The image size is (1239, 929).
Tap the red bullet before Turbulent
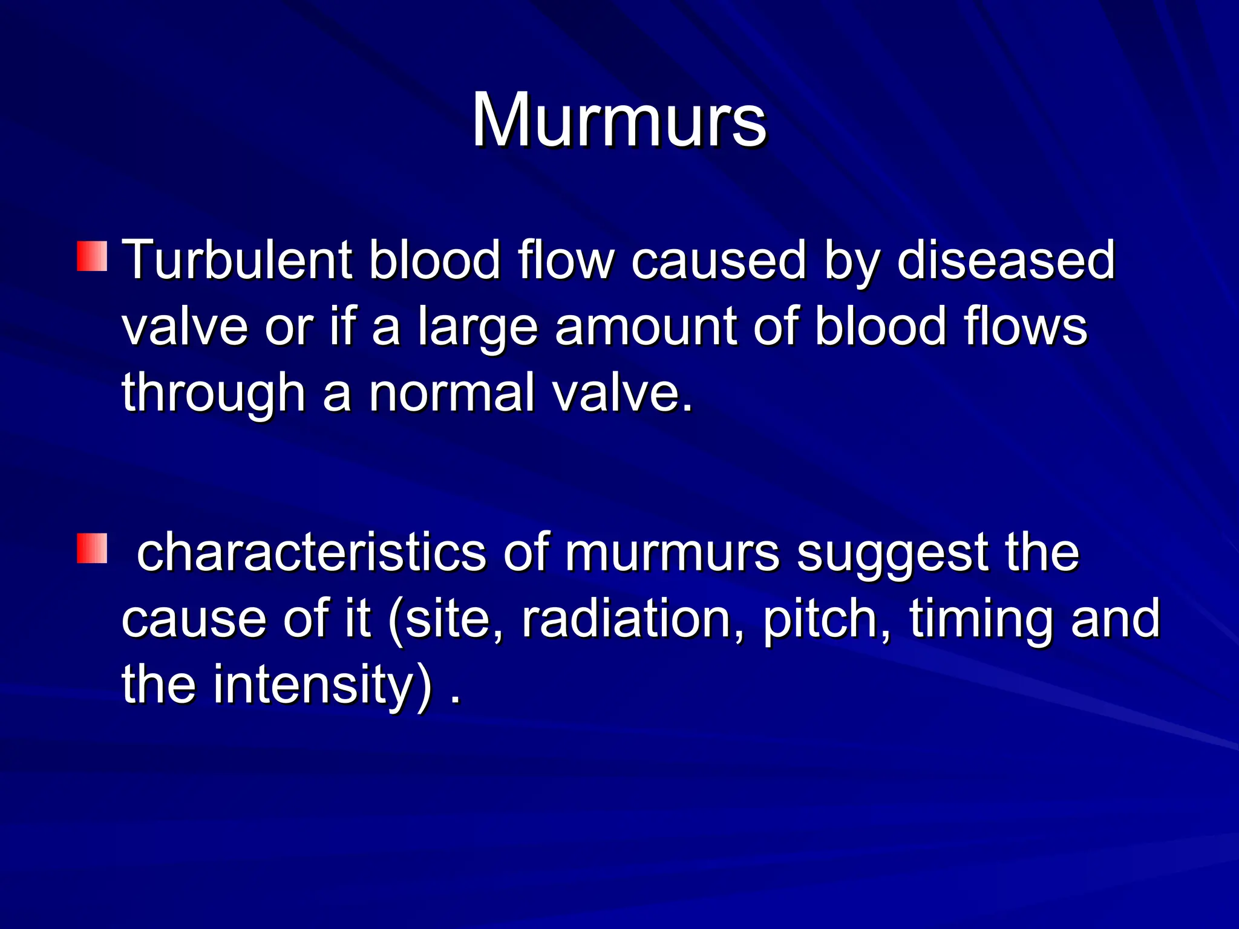coord(92,256)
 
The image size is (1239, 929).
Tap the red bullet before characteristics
coord(92,548)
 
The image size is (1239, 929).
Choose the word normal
coord(452,393)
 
